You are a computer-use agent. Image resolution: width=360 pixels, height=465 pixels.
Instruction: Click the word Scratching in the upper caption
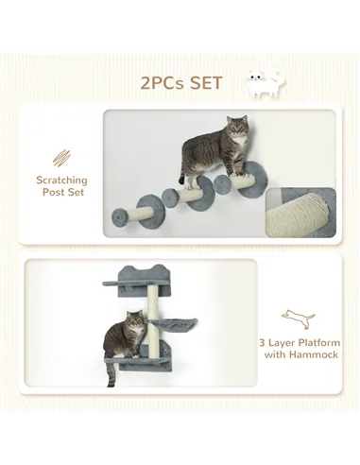pyautogui.click(x=61, y=180)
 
